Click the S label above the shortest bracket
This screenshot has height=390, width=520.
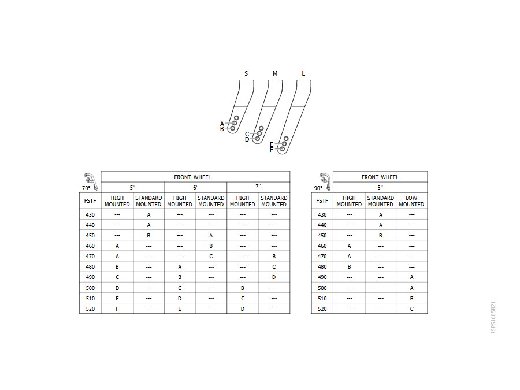246,73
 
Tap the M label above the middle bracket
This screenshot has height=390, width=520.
275,73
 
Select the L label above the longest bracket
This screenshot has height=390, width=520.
303,73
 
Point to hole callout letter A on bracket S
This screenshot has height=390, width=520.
222,124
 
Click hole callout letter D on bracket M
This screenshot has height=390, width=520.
247,140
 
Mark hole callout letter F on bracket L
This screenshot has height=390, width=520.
272,150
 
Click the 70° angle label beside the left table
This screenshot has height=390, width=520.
86,188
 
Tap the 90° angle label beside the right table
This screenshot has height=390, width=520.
318,188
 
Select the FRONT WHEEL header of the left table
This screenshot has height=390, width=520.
192,177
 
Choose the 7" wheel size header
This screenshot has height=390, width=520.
258,187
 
